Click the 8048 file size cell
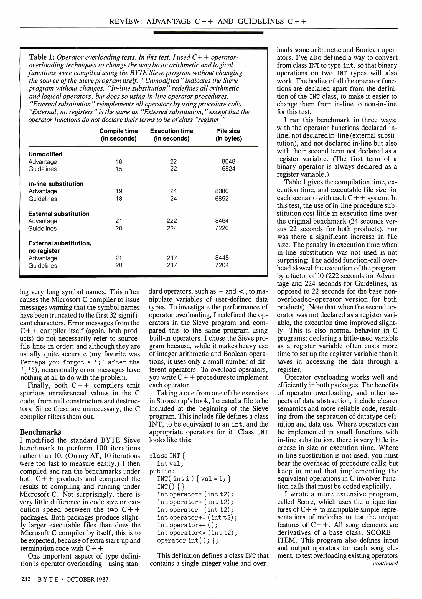228,161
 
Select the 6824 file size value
228,169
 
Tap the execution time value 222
172,221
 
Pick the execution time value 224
172,228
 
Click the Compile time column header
118,134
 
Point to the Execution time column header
172,134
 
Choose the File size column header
228,134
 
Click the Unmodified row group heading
45,154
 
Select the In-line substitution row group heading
56,184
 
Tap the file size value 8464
222,221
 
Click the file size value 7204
222,265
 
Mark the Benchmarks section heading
40,432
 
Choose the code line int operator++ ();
187,525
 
